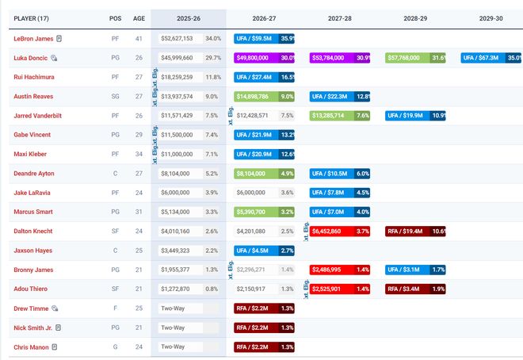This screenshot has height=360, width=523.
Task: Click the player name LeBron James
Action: [34, 38]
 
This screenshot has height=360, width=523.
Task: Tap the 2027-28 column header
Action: [340, 17]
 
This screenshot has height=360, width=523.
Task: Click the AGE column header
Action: [139, 17]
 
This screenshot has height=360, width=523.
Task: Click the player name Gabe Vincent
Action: [33, 135]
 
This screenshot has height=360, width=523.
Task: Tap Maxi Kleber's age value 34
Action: [139, 154]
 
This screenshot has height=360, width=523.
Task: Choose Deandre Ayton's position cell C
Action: [116, 173]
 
